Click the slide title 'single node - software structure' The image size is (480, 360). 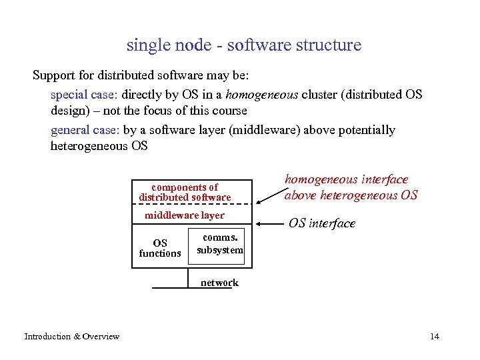pyautogui.click(x=243, y=45)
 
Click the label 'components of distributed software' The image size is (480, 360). pyautogui.click(x=185, y=192)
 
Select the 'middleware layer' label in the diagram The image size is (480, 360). pyautogui.click(x=185, y=215)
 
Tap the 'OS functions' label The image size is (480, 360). pyautogui.click(x=160, y=248)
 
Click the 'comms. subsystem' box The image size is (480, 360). pyautogui.click(x=220, y=244)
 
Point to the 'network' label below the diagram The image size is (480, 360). pyautogui.click(x=219, y=283)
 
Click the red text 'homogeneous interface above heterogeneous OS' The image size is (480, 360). pyautogui.click(x=351, y=187)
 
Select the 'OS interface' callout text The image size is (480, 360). pyautogui.click(x=322, y=223)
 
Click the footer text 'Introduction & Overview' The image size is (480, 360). pyautogui.click(x=72, y=336)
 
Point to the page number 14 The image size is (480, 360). pyautogui.click(x=435, y=336)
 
